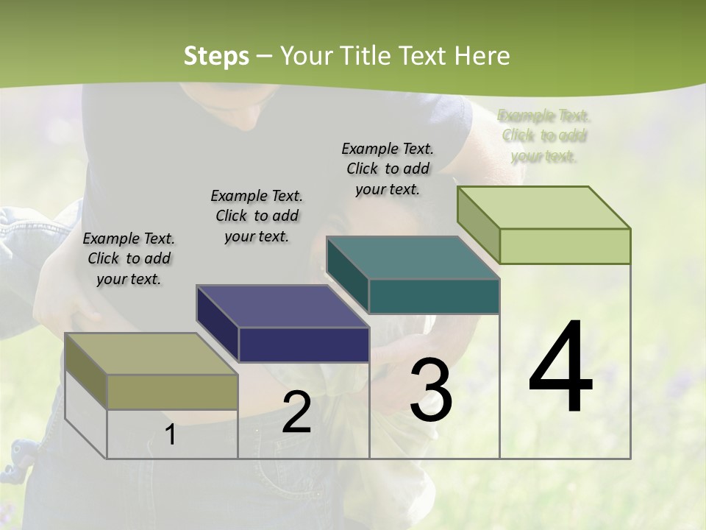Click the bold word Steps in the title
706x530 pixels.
pyautogui.click(x=216, y=56)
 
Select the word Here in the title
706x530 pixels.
pyautogui.click(x=482, y=56)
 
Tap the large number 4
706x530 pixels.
pyautogui.click(x=560, y=368)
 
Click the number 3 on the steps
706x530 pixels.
pyautogui.click(x=430, y=390)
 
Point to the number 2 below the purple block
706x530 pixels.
pyautogui.click(x=296, y=413)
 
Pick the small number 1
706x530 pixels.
pyautogui.click(x=171, y=434)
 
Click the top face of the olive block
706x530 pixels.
pyautogui.click(x=151, y=353)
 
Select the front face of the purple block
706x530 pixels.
pyautogui.click(x=304, y=344)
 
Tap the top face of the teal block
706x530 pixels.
pyautogui.click(x=413, y=258)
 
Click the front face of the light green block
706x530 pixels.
pyautogui.click(x=565, y=246)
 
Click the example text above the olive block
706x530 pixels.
pyautogui.click(x=129, y=258)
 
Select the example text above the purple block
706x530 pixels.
pyautogui.click(x=257, y=216)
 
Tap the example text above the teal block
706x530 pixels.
pyautogui.click(x=388, y=169)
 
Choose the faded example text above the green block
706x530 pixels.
pyautogui.click(x=544, y=136)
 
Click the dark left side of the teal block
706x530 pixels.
pyautogui.click(x=347, y=274)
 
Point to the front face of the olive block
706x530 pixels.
pyautogui.click(x=172, y=392)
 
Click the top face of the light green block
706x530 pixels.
pyautogui.click(x=543, y=207)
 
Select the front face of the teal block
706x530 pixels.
pyautogui.click(x=434, y=297)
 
